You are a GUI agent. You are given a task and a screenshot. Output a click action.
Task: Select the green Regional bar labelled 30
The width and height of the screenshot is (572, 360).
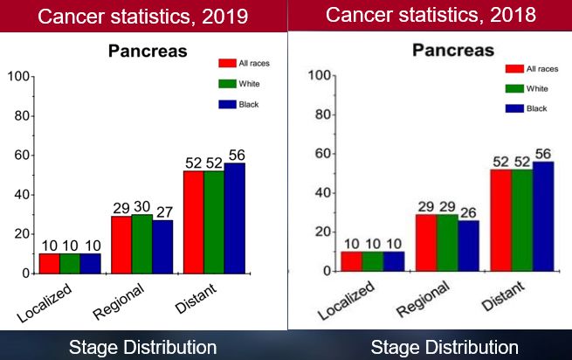point(141,244)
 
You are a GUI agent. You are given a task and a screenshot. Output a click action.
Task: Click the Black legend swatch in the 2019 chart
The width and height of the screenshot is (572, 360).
point(228,105)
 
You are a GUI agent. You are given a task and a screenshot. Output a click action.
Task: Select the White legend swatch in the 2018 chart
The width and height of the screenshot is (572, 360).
point(513,88)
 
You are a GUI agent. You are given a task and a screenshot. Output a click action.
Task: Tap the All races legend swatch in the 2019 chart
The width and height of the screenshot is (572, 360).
point(228,63)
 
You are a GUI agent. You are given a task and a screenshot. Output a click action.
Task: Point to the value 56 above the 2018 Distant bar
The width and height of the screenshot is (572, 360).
point(544,154)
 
